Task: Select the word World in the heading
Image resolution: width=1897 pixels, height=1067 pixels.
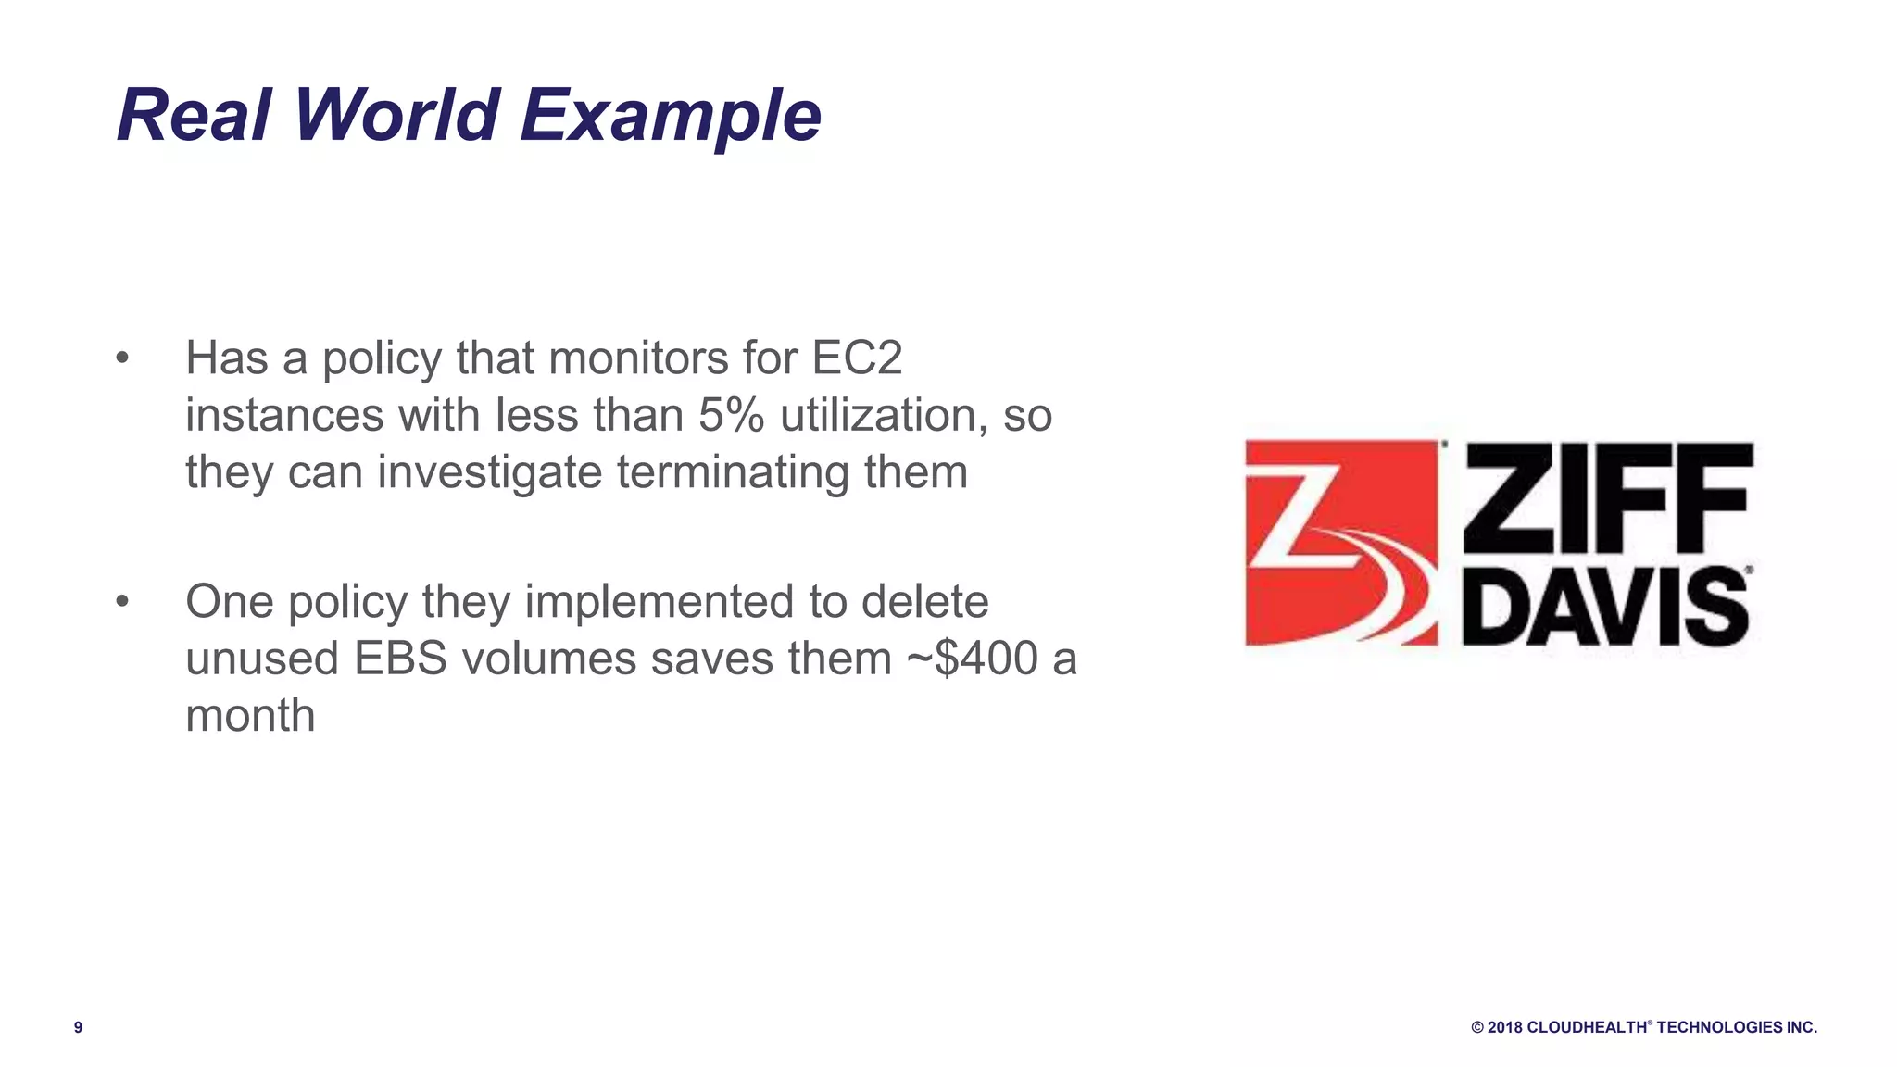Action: [396, 116]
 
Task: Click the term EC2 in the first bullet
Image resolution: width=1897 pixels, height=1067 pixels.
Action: [857, 358]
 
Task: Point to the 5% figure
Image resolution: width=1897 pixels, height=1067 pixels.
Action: [731, 415]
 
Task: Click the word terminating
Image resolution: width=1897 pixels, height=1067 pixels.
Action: [733, 472]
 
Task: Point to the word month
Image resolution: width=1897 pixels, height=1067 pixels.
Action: [250, 715]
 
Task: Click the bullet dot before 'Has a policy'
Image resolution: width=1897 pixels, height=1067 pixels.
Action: [122, 358]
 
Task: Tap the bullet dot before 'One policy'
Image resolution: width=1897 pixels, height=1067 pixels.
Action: [122, 602]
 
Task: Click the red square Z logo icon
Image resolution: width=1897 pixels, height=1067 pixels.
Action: [1341, 543]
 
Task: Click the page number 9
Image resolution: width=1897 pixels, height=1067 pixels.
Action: [78, 1027]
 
